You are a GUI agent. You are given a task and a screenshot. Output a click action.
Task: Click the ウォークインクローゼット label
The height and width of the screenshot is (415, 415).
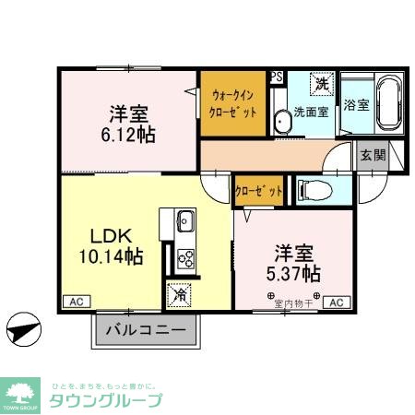tap(235, 101)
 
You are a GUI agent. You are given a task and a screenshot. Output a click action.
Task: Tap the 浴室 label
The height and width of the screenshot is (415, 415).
tap(356, 105)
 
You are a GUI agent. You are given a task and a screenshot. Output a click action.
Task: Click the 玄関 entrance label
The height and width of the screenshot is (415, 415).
tap(373, 156)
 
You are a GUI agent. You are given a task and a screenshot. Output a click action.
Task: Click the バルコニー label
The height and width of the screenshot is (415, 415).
tap(145, 329)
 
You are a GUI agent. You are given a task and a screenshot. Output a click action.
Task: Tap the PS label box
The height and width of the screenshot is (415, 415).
tap(276, 78)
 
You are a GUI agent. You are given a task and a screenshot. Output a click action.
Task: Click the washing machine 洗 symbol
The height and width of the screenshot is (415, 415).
tap(322, 84)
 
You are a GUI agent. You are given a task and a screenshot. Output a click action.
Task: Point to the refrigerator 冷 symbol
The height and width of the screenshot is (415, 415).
tap(179, 295)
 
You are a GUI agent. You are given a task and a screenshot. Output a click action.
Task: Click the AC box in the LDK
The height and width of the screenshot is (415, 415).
tap(74, 302)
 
